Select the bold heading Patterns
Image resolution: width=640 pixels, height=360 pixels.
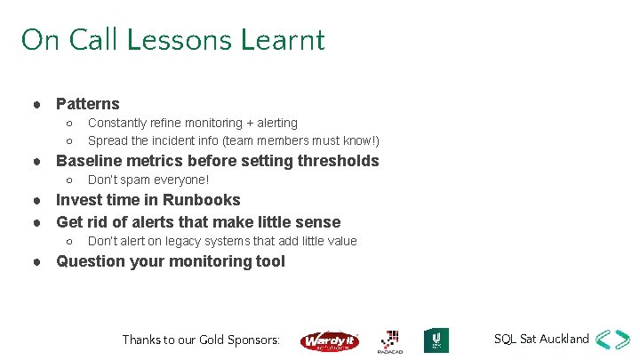point(87,104)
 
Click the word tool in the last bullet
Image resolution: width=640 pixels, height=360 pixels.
point(270,261)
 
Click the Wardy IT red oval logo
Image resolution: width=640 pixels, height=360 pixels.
point(329,340)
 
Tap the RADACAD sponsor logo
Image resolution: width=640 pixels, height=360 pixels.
point(389,340)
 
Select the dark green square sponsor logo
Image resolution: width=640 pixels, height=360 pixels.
point(436,340)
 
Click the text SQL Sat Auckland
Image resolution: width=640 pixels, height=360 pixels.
point(541,339)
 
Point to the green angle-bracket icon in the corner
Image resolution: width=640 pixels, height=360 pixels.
point(613,340)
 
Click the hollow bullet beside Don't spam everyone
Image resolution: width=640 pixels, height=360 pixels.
point(69,180)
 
